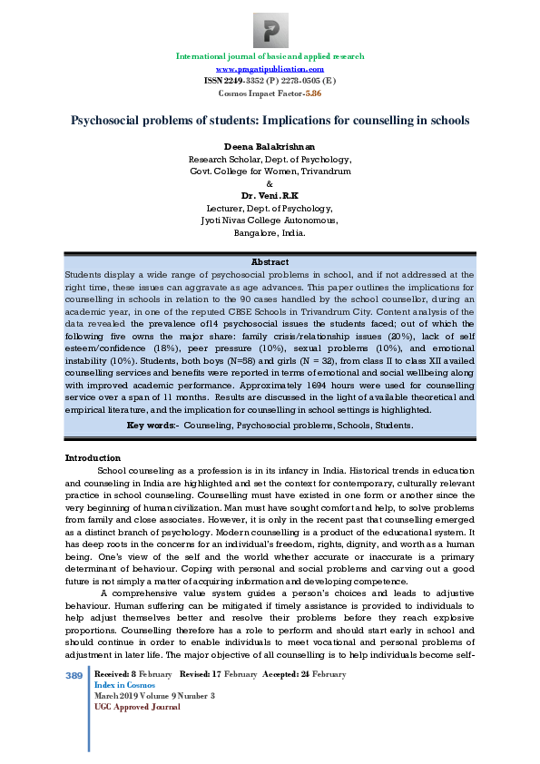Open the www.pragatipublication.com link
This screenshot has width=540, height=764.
(x=270, y=69)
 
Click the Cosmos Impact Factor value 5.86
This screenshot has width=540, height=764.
(x=313, y=93)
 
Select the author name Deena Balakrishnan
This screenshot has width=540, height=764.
(x=270, y=146)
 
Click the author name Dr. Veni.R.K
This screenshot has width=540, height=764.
(x=270, y=195)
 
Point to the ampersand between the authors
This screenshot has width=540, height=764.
(x=270, y=182)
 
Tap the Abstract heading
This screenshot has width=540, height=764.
(x=270, y=261)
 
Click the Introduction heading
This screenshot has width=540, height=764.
(x=93, y=457)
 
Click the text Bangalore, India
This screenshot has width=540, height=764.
(x=270, y=232)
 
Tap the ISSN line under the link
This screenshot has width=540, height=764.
(x=270, y=81)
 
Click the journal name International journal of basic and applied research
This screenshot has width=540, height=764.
(x=270, y=56)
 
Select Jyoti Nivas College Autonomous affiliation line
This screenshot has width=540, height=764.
(x=270, y=220)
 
